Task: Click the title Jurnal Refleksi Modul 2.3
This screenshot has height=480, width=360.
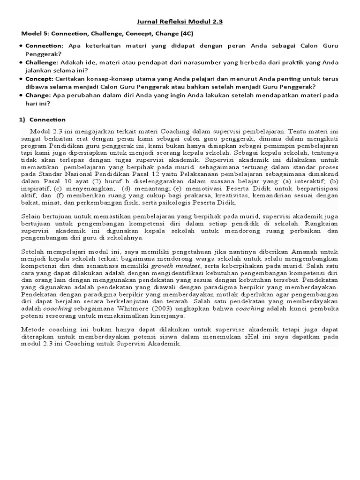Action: pyautogui.click(x=180, y=22)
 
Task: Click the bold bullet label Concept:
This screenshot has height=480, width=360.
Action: pyautogui.click(x=39, y=79)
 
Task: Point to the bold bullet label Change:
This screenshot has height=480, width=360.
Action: pyautogui.click(x=38, y=96)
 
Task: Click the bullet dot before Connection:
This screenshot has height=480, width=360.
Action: pyautogui.click(x=22, y=46)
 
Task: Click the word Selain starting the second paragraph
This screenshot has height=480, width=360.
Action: pyautogui.click(x=32, y=217)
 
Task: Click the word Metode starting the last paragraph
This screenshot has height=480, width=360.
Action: pyautogui.click(x=34, y=330)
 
